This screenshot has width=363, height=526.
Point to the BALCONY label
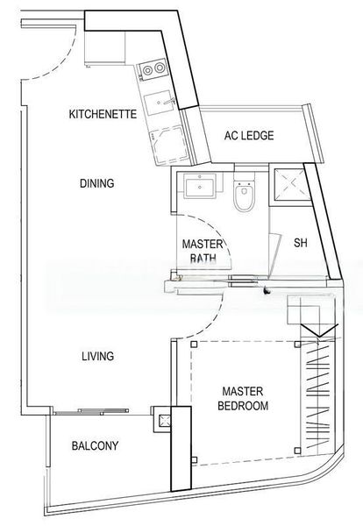(x=94, y=446)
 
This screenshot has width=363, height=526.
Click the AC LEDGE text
(x=249, y=136)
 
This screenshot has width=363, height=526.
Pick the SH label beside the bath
(x=300, y=243)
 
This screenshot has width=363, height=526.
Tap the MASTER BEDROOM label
(x=245, y=398)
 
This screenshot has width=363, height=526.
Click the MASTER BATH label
(x=202, y=251)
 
